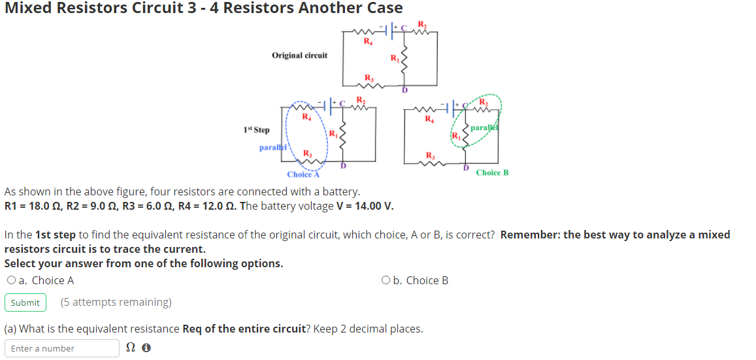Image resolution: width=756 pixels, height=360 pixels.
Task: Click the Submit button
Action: [25, 303]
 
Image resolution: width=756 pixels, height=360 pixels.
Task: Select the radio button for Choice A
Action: [11, 280]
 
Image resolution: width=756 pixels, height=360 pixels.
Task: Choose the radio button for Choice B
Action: [386, 280]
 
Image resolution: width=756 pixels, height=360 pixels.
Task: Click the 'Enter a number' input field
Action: [62, 348]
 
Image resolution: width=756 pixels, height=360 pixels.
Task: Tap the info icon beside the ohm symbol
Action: [146, 348]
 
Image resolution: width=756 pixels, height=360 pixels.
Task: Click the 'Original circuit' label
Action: [299, 56]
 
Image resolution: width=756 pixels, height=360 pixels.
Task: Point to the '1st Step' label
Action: [256, 131]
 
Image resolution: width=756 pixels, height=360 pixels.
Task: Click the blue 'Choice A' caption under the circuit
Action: [303, 174]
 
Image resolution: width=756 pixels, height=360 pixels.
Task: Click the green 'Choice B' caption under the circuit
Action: [492, 172]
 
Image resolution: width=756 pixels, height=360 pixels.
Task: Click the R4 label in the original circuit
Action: [368, 41]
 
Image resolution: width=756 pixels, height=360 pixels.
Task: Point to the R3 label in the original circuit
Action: [369, 77]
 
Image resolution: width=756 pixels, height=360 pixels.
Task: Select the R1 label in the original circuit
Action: [394, 58]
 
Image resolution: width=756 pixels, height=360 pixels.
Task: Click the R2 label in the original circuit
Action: [421, 25]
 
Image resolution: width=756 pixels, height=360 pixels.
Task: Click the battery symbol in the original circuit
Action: [394, 29]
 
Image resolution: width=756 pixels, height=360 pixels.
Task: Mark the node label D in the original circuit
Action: [404, 90]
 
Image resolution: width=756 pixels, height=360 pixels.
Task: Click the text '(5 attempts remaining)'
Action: [116, 303]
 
